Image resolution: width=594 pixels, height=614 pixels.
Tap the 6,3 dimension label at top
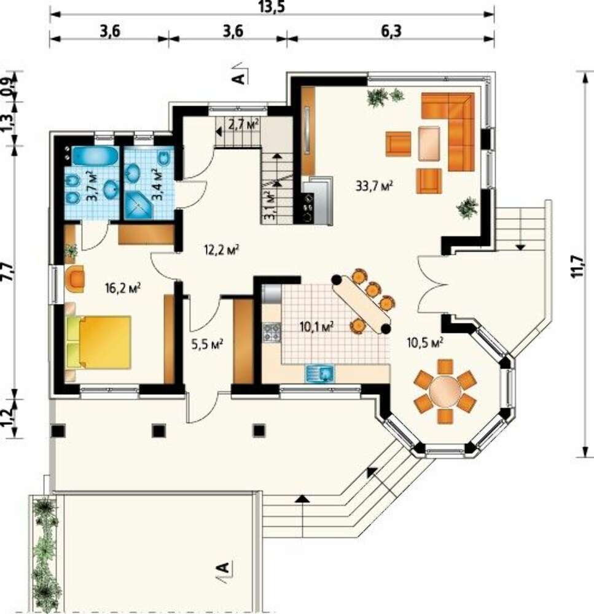coord(391,31)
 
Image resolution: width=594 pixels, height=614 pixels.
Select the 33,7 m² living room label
coord(374,185)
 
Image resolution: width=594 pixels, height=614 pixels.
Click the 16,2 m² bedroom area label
coord(123,288)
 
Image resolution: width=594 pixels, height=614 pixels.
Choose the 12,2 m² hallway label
coord(222,249)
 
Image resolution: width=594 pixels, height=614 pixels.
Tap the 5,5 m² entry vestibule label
coord(207,344)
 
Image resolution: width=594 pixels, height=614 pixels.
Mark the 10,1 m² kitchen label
coord(316,327)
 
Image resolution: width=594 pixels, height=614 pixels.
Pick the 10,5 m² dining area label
coord(425,343)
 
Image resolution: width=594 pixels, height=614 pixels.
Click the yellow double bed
coord(99,342)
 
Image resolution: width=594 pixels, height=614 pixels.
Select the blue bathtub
coord(95,156)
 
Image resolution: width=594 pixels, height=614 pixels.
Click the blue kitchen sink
coord(319,373)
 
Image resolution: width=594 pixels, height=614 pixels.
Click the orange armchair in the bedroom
coord(75,279)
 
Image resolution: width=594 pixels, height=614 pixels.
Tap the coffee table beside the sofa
coord(429,143)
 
